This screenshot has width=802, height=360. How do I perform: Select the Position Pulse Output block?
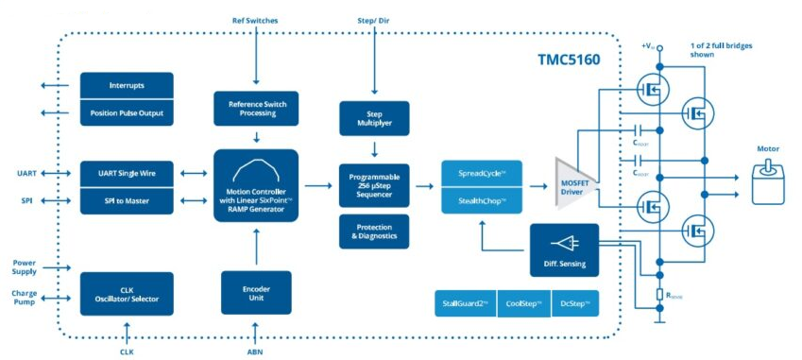127,113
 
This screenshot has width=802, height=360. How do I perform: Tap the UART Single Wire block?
127,174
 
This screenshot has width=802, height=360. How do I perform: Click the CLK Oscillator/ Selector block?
127,293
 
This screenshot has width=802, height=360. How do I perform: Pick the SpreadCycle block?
481,174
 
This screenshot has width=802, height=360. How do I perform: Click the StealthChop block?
481,201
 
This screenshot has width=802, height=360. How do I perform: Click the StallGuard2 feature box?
464,303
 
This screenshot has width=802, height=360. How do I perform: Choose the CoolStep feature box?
523,303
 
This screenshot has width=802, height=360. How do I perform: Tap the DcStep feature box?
575,303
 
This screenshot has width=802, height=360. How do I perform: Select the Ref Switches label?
255,20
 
